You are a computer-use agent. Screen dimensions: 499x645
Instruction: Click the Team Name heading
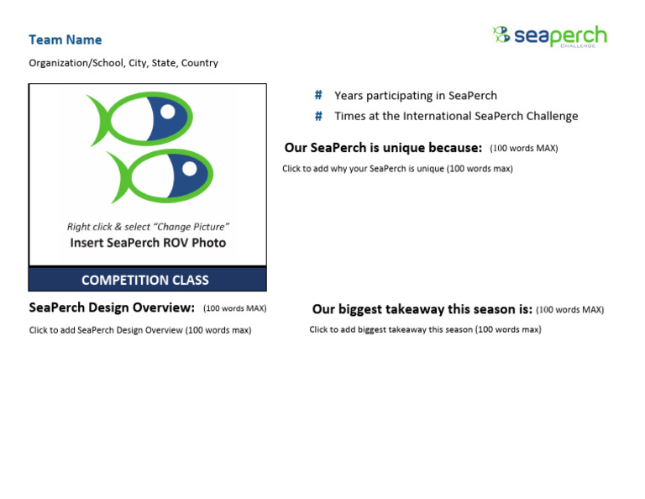pyautogui.click(x=65, y=39)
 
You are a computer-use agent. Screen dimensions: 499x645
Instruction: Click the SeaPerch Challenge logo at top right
pyautogui.click(x=549, y=36)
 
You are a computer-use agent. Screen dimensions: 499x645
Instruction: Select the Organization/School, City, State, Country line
pyautogui.click(x=123, y=63)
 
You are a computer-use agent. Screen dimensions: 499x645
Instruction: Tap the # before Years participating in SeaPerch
pyautogui.click(x=318, y=96)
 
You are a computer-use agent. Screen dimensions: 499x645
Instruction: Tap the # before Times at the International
pyautogui.click(x=318, y=116)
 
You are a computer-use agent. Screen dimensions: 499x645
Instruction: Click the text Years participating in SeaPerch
pyautogui.click(x=416, y=96)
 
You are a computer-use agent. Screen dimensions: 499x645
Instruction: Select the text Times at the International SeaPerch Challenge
pyautogui.click(x=456, y=116)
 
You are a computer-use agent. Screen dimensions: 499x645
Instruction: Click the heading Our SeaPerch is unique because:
pyautogui.click(x=383, y=148)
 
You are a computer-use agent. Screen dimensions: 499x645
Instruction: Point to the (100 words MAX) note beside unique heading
pyautogui.click(x=523, y=149)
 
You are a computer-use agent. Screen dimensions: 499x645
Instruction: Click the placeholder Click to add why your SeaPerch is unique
pyautogui.click(x=397, y=169)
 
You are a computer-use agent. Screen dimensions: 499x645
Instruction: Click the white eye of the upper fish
pyautogui.click(x=168, y=112)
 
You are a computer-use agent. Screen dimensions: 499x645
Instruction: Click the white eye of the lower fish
pyautogui.click(x=189, y=169)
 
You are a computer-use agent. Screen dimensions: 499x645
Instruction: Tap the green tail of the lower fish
pyautogui.click(x=121, y=177)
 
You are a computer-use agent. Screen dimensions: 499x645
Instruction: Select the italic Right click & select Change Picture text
pyautogui.click(x=148, y=227)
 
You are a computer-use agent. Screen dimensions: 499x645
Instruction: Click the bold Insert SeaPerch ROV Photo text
pyautogui.click(x=148, y=243)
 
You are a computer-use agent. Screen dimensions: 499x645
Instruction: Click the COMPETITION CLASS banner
pyautogui.click(x=145, y=280)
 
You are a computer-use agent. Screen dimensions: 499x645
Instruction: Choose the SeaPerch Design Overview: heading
pyautogui.click(x=112, y=307)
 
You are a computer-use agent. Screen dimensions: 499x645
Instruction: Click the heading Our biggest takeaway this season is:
pyautogui.click(x=422, y=309)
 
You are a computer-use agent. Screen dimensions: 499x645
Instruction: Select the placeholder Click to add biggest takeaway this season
pyautogui.click(x=425, y=329)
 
